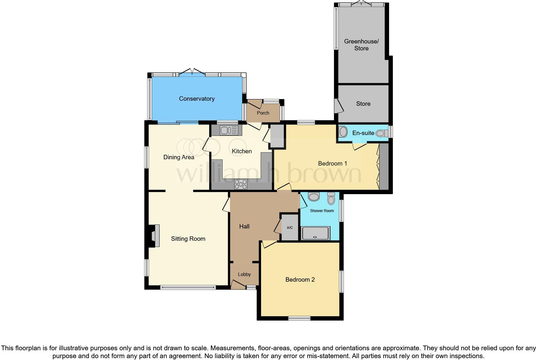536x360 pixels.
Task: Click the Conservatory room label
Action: click(197, 99)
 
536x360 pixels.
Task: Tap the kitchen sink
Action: click(226, 130)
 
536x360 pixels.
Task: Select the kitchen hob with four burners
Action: click(241, 184)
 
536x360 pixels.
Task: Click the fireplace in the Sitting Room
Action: click(155, 236)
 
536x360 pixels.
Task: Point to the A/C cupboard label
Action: click(290, 228)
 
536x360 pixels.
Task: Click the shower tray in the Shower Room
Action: click(315, 233)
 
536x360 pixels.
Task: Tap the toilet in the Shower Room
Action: click(331, 198)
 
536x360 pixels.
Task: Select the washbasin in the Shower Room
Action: click(314, 197)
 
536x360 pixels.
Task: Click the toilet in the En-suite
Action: click(382, 133)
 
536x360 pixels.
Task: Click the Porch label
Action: click(263, 113)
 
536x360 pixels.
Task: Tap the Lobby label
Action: click(244, 274)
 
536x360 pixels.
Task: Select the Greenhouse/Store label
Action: click(361, 45)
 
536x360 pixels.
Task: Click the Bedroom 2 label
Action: click(300, 279)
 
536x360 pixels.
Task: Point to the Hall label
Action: click(244, 226)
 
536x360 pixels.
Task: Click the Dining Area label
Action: click(179, 157)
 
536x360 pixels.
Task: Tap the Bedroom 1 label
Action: click(332, 163)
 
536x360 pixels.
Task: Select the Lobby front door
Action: click(238, 285)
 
